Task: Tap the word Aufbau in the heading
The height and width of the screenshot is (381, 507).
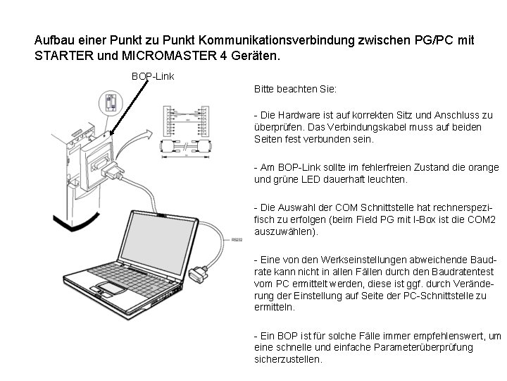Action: pyautogui.click(x=54, y=40)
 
